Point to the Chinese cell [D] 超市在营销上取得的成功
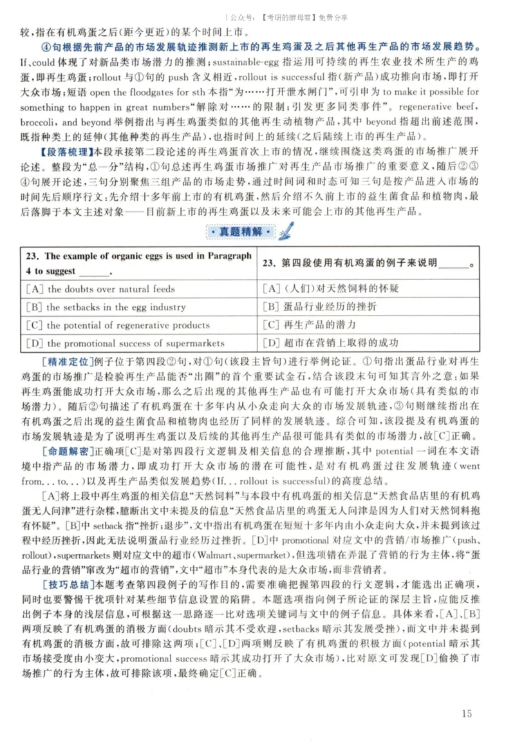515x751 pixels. point(331,343)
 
